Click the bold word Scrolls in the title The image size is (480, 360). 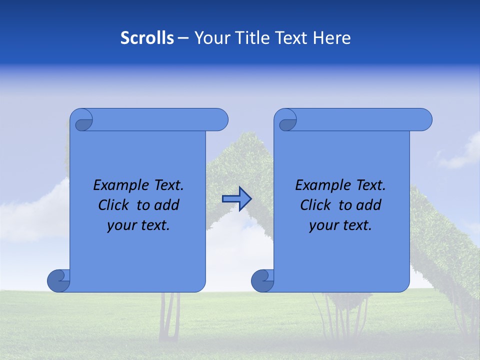coord(147,37)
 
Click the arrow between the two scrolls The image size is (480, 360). coord(236,199)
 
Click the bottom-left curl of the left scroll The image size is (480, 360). coord(58,281)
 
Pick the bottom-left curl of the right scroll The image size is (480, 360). coord(262,281)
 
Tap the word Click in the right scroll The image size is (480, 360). coord(316,205)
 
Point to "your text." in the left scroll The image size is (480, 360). coord(138,225)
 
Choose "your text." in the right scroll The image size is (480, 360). coord(340,225)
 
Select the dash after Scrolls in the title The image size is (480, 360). coord(183,37)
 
